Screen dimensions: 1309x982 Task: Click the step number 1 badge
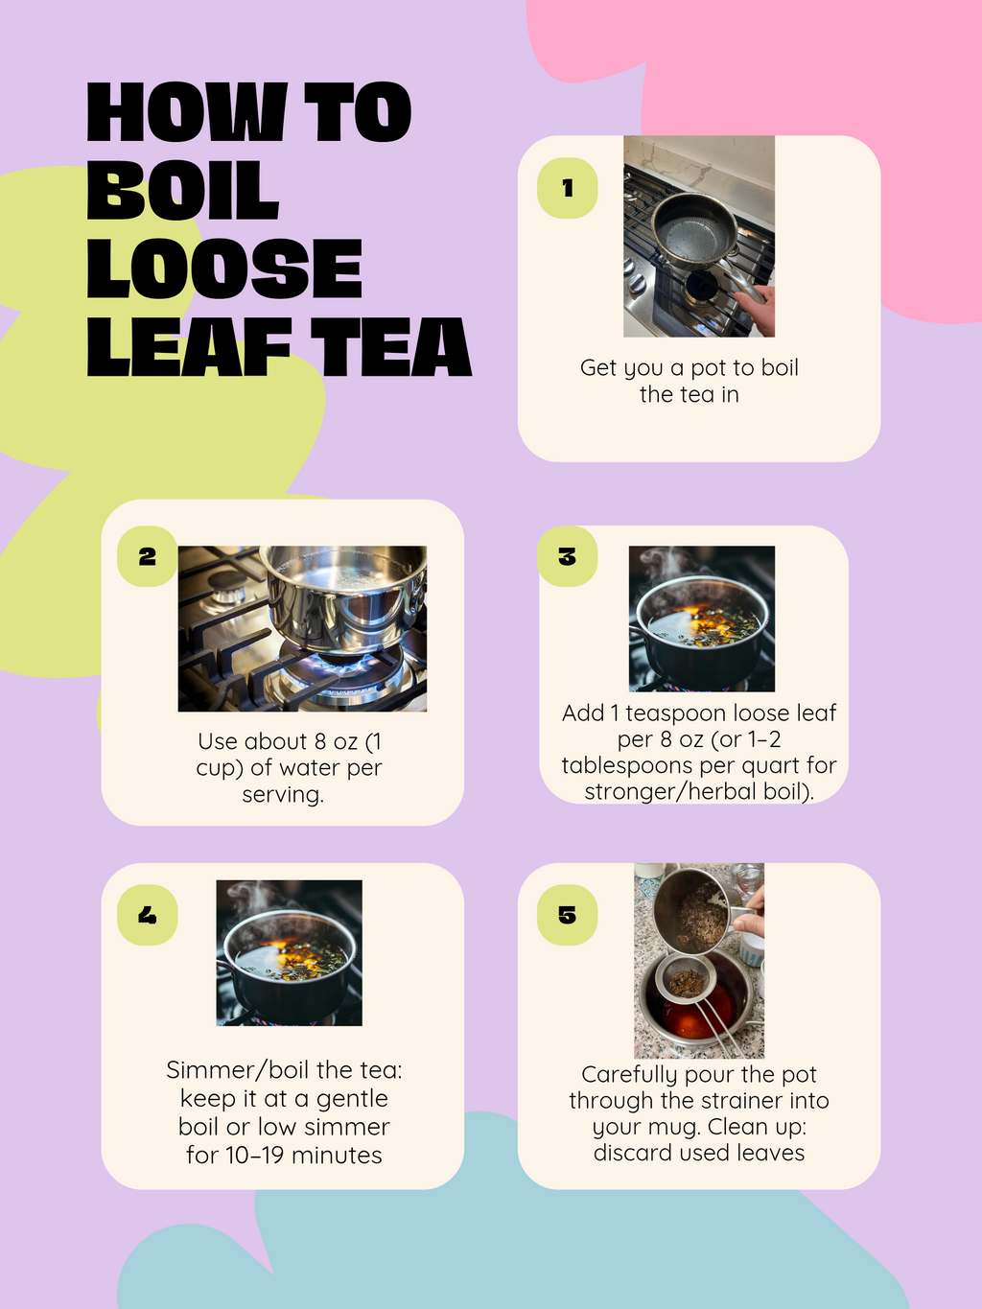(x=567, y=188)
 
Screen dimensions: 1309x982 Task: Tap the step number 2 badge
(x=147, y=556)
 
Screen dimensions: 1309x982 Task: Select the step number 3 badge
(x=567, y=556)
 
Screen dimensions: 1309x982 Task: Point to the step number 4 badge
(x=147, y=915)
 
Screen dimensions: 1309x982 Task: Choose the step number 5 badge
(x=567, y=915)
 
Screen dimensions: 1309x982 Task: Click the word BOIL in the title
(x=182, y=191)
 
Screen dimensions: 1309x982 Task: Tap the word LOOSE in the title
(x=224, y=269)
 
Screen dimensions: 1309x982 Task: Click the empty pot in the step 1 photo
(x=692, y=227)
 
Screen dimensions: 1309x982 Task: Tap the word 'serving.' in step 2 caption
(x=283, y=795)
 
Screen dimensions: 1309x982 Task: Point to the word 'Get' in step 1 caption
(x=597, y=368)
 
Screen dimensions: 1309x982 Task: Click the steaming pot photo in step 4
(x=289, y=952)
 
